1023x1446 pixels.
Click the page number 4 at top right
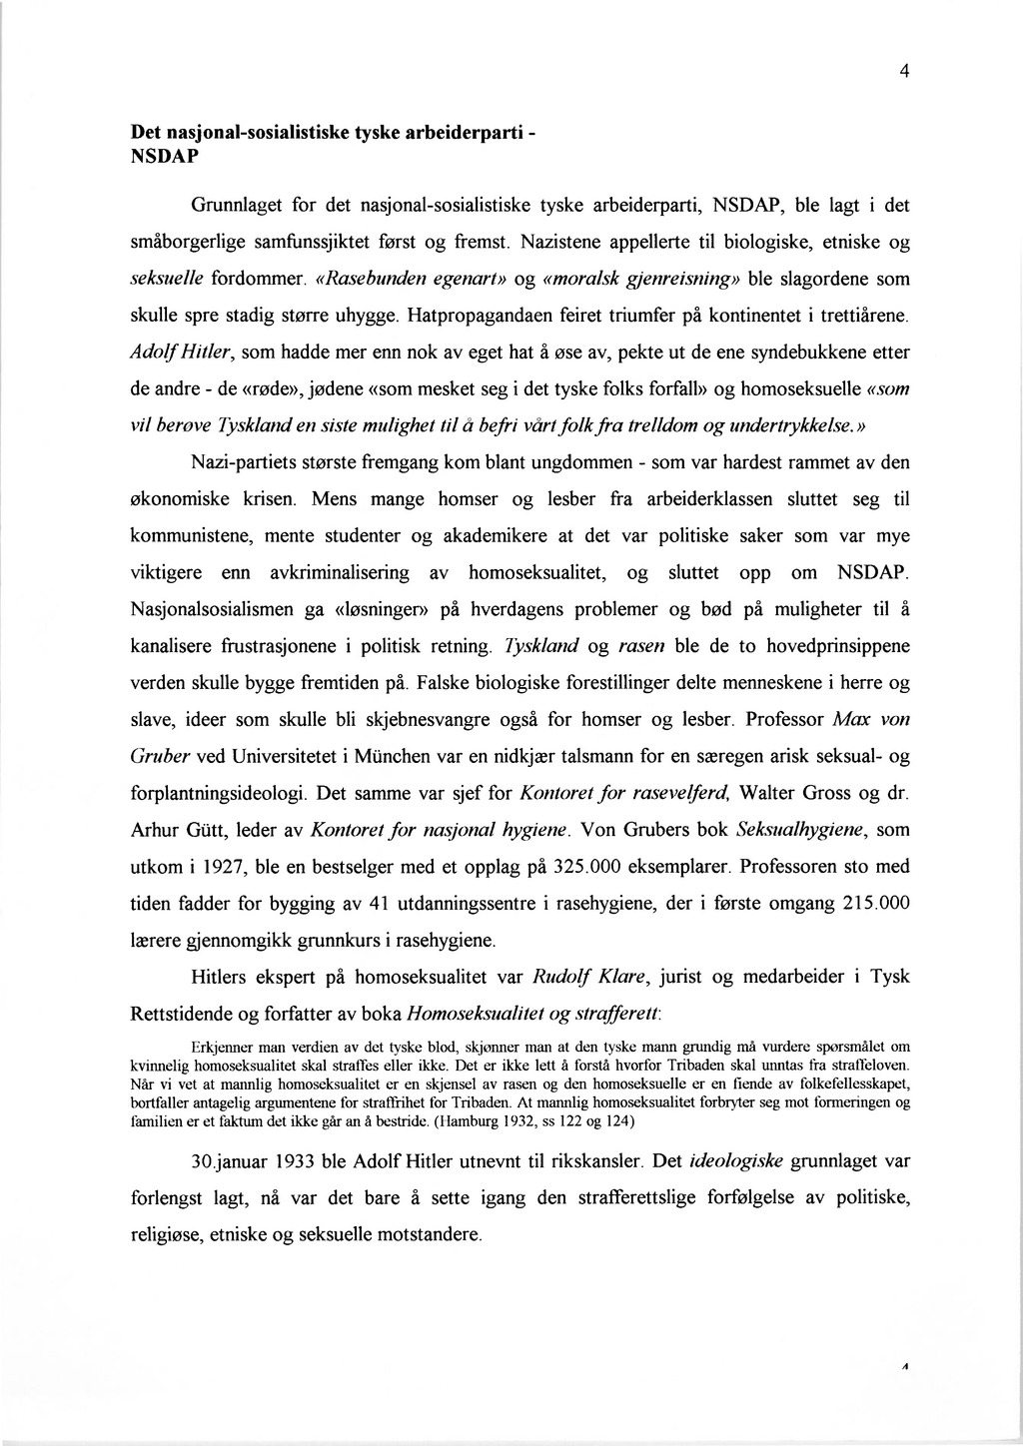[x=903, y=71]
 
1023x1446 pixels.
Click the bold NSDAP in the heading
[x=165, y=158]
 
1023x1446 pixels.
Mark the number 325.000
[x=592, y=867]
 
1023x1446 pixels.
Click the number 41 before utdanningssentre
[x=377, y=904]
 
